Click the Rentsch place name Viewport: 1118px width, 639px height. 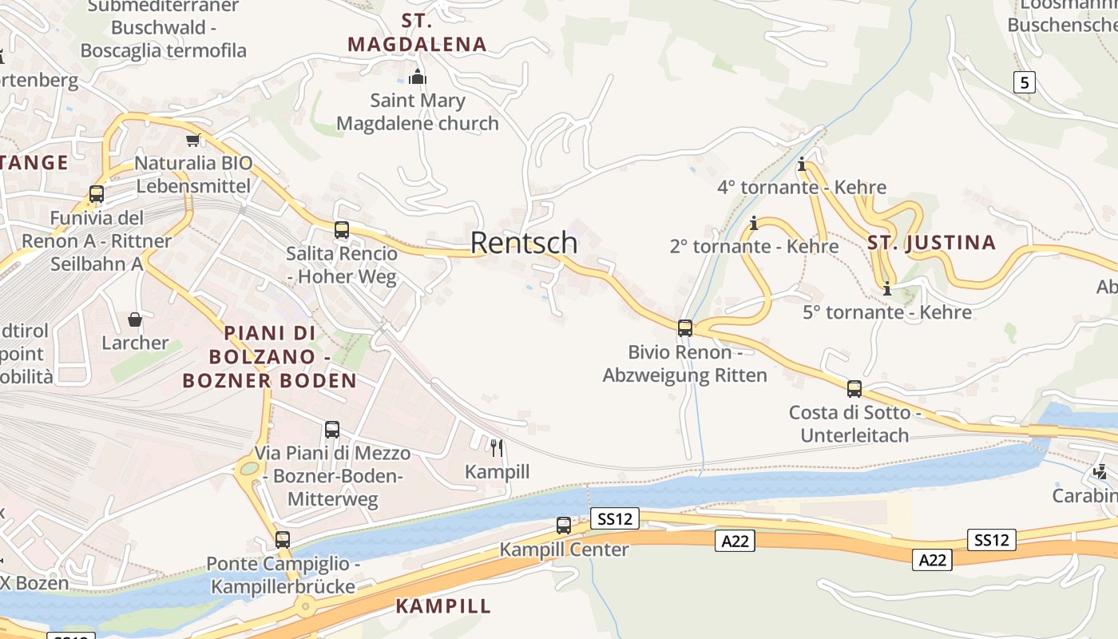524,242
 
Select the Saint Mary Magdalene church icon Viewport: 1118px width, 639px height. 417,77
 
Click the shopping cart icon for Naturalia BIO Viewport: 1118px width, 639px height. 192,141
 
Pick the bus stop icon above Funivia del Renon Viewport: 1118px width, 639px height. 97,194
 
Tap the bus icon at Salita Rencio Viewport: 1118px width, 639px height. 342,230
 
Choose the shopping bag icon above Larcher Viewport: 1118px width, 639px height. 135,319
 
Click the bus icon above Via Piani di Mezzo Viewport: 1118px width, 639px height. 332,430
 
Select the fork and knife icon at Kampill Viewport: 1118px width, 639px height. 497,447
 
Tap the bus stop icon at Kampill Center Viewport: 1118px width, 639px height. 564,526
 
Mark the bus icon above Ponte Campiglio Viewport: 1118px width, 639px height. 283,540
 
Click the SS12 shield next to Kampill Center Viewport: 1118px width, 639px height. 615,519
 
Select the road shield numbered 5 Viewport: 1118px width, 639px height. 1025,82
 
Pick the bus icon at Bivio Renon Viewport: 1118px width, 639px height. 685,328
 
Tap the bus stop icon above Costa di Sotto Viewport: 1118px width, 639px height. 854,389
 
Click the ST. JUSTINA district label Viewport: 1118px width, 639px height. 932,243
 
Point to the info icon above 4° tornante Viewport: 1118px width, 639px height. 802,165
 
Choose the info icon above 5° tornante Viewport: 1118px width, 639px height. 886,288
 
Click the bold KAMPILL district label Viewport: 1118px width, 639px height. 443,605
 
